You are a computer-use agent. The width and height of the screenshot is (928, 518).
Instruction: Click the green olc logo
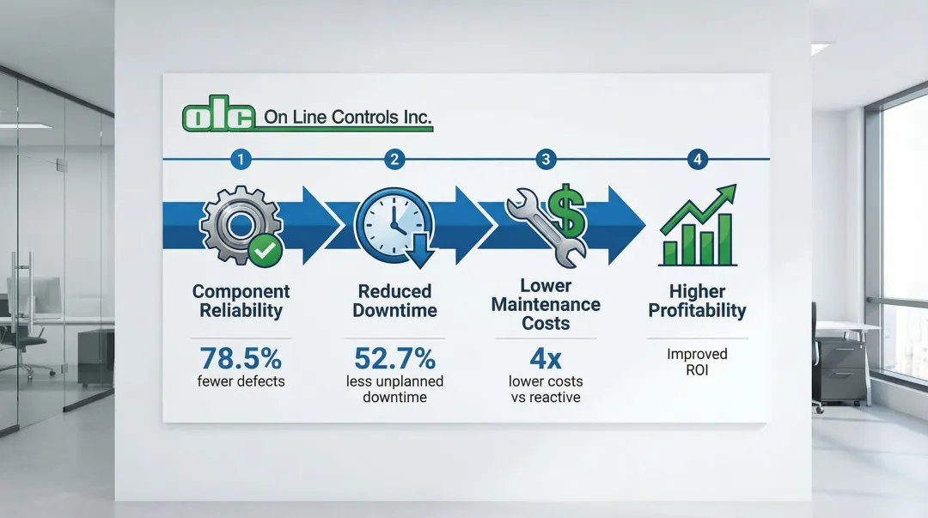219,114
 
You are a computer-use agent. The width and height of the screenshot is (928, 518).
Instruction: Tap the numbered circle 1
241,159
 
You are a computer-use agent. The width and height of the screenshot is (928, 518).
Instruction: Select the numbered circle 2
394,159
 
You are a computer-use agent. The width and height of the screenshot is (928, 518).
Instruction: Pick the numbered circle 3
546,159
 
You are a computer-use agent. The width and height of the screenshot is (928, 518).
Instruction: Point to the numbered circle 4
697,159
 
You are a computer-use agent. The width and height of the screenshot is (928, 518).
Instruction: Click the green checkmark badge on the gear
266,251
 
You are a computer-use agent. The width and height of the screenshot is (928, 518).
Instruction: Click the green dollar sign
566,210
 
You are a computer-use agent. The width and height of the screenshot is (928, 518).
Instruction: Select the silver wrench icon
541,228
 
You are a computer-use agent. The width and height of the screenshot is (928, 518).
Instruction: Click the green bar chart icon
699,226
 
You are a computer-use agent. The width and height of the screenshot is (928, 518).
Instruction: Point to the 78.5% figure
241,358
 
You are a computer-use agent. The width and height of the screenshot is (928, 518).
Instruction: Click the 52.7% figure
394,358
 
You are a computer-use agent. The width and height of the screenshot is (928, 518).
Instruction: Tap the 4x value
546,358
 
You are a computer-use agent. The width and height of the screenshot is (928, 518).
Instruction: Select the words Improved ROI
697,362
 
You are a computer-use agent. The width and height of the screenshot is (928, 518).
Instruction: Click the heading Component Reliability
241,301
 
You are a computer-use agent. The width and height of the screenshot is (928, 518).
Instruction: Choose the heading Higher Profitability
697,301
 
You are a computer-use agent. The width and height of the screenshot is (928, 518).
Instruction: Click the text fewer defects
241,381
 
